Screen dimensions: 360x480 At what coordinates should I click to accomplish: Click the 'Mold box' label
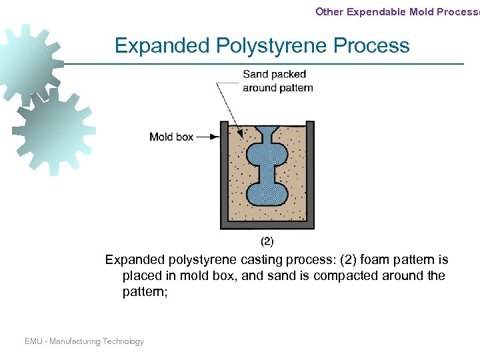click(x=171, y=137)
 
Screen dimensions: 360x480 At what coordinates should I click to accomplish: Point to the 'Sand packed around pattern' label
click(x=277, y=81)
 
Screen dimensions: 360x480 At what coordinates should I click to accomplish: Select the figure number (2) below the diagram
click(x=267, y=241)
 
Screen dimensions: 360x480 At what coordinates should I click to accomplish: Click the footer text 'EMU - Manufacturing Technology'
click(x=84, y=341)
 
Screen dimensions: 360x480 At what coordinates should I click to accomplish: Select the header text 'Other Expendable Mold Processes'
click(x=397, y=11)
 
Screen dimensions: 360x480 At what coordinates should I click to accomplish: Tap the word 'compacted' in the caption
click(x=316, y=275)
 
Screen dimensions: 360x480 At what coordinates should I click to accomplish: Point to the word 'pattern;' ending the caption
click(x=145, y=291)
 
